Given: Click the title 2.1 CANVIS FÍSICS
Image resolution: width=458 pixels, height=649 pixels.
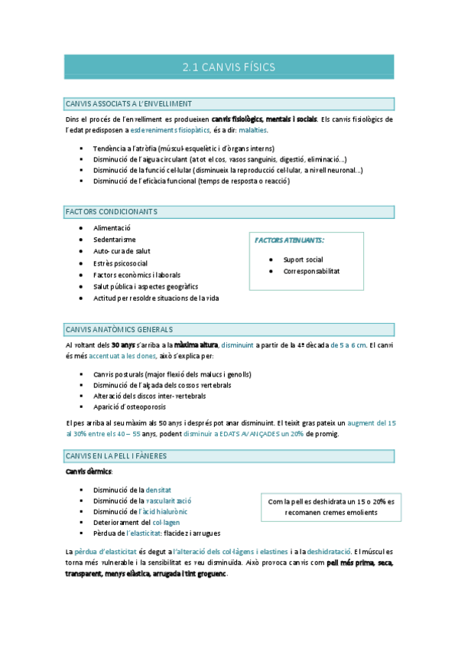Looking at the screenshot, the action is pyautogui.click(x=229, y=67).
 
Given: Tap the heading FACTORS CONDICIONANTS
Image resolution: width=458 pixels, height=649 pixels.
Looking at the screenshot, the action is pyautogui.click(x=112, y=211).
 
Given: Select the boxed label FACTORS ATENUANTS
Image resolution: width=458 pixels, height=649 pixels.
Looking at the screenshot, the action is pyautogui.click(x=288, y=240).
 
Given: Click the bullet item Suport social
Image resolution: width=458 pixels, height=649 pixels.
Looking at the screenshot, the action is pyautogui.click(x=303, y=259).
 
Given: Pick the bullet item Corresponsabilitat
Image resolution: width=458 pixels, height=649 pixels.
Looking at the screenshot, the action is pyautogui.click(x=311, y=271).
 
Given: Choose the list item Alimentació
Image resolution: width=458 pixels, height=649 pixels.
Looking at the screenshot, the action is pyautogui.click(x=112, y=228).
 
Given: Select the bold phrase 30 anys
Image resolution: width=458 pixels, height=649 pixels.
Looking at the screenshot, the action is pyautogui.click(x=123, y=344).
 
